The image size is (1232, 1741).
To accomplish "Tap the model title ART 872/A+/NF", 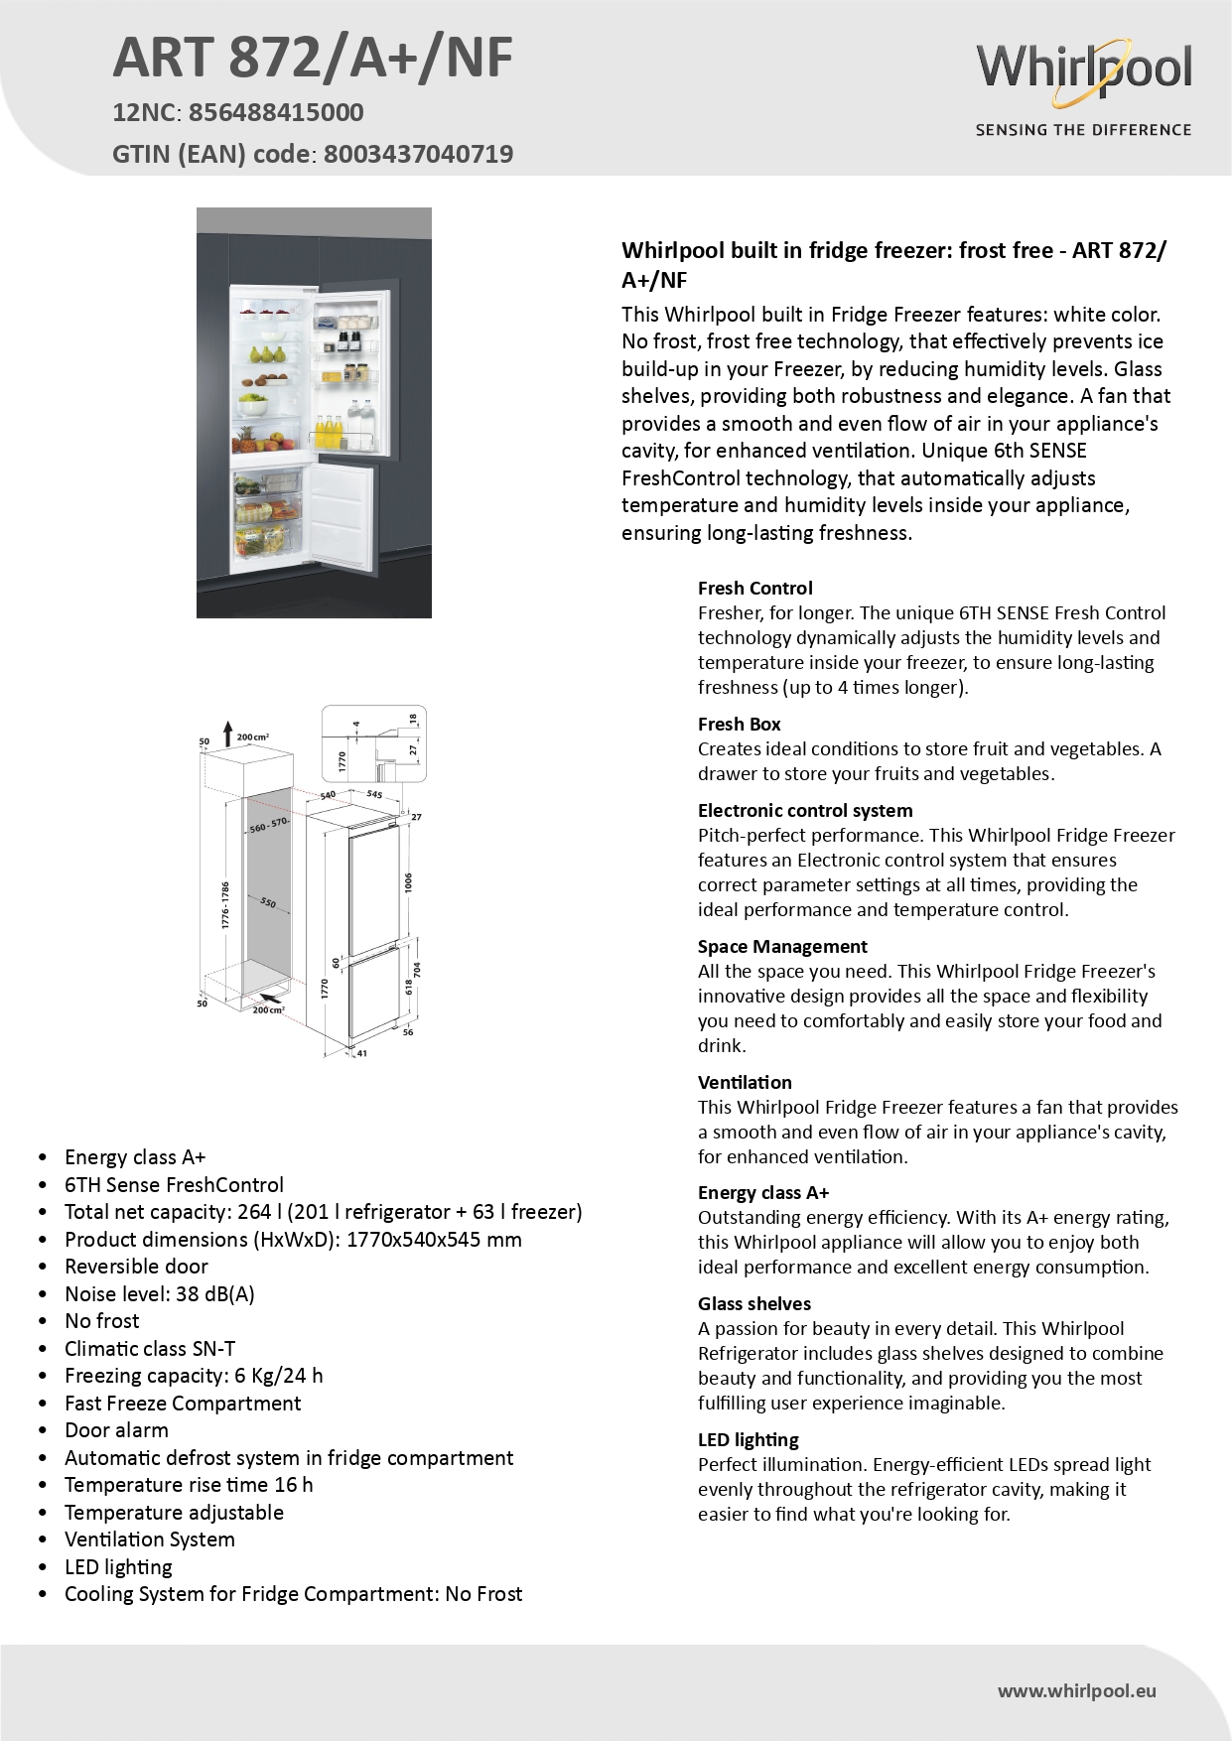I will (x=313, y=58).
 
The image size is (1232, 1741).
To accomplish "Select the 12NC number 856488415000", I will (x=276, y=113).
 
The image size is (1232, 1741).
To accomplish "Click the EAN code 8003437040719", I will (x=418, y=155).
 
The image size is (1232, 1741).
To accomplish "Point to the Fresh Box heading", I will (x=739, y=725).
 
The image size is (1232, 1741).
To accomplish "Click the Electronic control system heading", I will (x=804, y=811).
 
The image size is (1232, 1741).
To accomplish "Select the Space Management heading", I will (x=781, y=947).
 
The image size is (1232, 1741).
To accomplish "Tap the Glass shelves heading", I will (x=753, y=1304).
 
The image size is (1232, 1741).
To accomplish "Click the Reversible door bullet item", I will (x=136, y=1267).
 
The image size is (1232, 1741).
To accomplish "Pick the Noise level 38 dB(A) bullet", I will (x=159, y=1294).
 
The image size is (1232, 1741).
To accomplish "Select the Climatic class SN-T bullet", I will (x=150, y=1349).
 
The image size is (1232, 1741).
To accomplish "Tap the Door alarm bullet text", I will (x=116, y=1430).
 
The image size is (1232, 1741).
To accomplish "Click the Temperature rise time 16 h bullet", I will (x=189, y=1485).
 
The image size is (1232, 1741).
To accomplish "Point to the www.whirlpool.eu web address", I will (x=1076, y=1691).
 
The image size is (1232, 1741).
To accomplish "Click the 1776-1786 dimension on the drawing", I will (x=226, y=905).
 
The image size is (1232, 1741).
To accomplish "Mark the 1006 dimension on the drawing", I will (x=408, y=882).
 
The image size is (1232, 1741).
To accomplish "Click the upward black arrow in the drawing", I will (x=227, y=734).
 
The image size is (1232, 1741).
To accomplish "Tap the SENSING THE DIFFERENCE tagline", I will (x=1083, y=130).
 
